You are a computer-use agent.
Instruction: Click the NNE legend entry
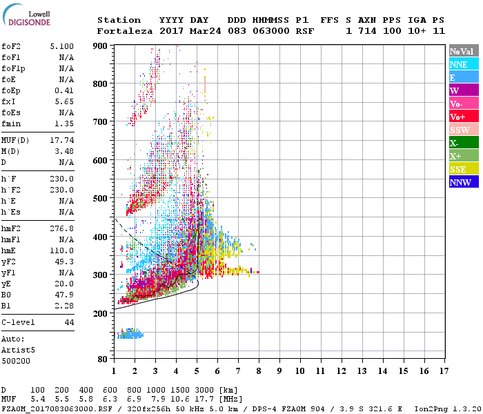coord(463,64)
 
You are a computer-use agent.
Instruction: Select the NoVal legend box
coord(463,51)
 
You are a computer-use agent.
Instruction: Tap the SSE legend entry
coord(463,169)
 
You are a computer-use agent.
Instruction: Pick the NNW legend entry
coord(463,182)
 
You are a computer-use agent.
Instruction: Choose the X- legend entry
coord(463,143)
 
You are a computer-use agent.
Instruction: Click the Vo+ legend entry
coord(463,117)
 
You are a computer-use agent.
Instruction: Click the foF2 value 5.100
coord(61,46)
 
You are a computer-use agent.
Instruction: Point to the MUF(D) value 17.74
coord(61,140)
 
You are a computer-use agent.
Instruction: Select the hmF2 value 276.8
coord(61,228)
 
